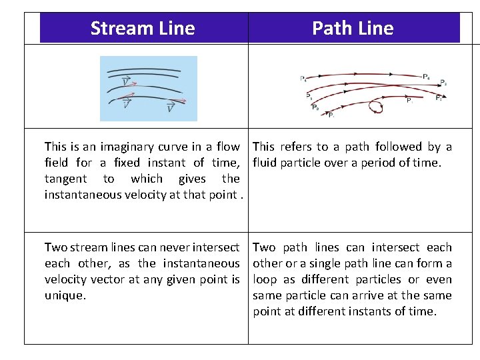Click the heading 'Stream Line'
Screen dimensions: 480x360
(x=143, y=29)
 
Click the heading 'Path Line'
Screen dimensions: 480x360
(x=353, y=29)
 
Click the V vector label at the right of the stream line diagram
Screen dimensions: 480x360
(x=171, y=107)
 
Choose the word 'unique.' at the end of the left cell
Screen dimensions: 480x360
(x=65, y=295)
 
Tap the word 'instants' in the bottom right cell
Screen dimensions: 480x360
(x=361, y=311)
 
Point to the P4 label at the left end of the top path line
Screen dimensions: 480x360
(x=303, y=79)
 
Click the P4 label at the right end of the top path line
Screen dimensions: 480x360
(x=426, y=77)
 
